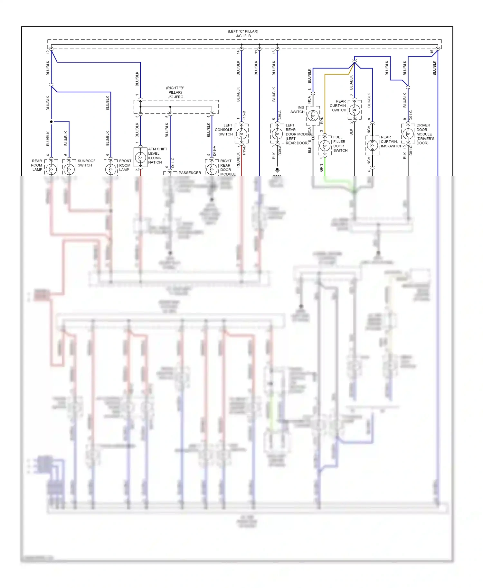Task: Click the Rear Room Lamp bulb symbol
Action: [51, 169]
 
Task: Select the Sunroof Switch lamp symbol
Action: [69, 169]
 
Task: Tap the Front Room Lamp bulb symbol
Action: [111, 169]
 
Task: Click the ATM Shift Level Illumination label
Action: [157, 156]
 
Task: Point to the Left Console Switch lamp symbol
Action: [241, 133]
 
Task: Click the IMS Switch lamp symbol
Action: [313, 115]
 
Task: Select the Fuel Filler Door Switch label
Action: [340, 144]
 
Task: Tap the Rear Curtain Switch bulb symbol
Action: [355, 110]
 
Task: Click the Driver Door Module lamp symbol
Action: [408, 133]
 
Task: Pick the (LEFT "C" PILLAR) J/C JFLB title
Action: [243, 34]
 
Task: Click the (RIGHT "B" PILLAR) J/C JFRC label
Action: [175, 92]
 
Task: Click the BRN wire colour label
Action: [322, 120]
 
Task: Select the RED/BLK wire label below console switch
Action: [238, 160]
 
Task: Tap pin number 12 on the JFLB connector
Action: [48, 52]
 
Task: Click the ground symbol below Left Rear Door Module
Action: [277, 170]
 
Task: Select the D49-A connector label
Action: [214, 151]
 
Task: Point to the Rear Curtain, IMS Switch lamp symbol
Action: [372, 145]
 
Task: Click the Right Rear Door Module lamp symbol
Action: [212, 169]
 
